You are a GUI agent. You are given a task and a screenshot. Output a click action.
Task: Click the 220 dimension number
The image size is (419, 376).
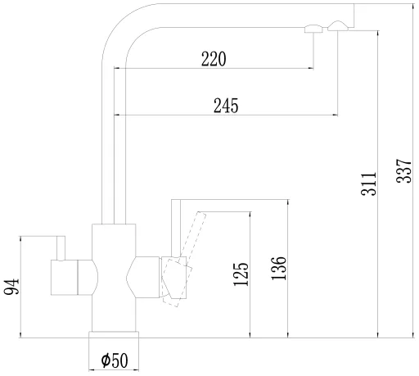(x=214, y=59)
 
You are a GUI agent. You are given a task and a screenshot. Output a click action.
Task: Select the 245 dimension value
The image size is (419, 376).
(x=226, y=106)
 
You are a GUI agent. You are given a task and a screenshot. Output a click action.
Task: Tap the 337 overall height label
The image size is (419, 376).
(x=403, y=171)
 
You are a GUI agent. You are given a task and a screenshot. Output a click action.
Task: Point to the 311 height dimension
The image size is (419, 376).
(x=368, y=183)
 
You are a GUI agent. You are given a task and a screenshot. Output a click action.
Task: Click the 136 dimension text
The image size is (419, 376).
(x=279, y=268)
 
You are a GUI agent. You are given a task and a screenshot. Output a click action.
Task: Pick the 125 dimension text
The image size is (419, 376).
(x=241, y=274)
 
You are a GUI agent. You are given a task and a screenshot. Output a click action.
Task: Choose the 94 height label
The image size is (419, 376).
(x=11, y=287)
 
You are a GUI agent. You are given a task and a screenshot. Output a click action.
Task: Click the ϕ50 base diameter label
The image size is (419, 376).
(x=115, y=360)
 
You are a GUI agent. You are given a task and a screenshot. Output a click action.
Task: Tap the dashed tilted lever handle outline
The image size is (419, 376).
(x=183, y=259)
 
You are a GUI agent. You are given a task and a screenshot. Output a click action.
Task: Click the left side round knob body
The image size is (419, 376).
(x=74, y=278)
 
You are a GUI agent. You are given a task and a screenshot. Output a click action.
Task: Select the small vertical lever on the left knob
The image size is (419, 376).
(x=61, y=248)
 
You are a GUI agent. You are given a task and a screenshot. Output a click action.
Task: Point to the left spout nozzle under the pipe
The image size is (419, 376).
(x=313, y=29)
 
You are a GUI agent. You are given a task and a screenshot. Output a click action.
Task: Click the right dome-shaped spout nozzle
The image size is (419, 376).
(x=338, y=26)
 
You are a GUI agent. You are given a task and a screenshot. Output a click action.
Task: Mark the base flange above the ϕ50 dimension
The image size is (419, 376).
(x=114, y=335)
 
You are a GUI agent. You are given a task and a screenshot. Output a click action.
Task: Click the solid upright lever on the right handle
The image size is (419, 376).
(x=176, y=228)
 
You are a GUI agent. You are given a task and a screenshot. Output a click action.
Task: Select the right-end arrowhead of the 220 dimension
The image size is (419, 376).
(x=311, y=68)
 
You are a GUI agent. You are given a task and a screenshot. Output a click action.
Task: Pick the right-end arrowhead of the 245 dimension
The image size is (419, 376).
(x=336, y=116)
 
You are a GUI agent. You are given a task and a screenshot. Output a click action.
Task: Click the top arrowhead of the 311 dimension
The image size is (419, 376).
(x=378, y=33)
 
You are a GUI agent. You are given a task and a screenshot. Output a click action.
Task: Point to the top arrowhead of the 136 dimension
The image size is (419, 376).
(x=288, y=202)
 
